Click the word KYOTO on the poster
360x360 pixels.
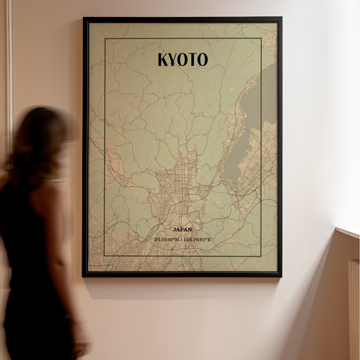(x=182, y=60)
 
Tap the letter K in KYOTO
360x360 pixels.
(x=163, y=60)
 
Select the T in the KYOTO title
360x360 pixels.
(x=192, y=60)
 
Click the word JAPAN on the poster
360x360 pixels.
(x=182, y=229)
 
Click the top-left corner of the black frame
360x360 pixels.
(x=84, y=19)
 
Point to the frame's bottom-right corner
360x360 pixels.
(x=281, y=275)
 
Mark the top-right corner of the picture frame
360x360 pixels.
(x=281, y=19)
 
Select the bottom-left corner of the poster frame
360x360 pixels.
(x=84, y=275)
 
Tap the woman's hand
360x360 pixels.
(x=82, y=346)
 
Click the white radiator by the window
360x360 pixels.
(x=354, y=309)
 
